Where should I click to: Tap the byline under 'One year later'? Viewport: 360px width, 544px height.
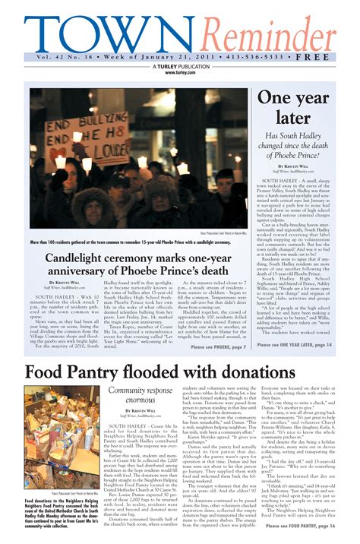click(x=293, y=167)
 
